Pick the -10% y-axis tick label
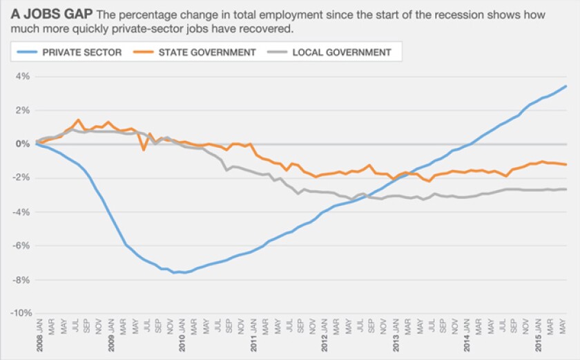pos(20,314)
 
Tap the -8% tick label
pos(23,280)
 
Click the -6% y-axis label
pos(23,246)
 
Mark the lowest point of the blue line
pos(183,273)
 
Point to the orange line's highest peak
pos(79,120)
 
